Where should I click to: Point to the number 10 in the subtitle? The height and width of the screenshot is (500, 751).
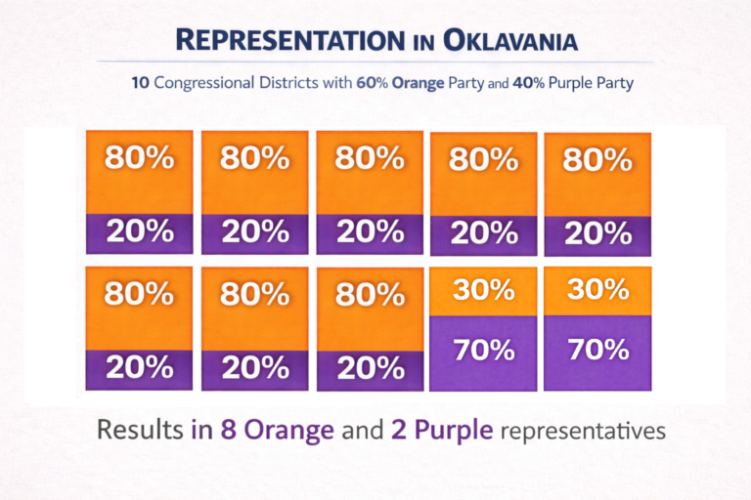coord(140,83)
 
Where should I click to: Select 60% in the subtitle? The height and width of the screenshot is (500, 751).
coord(383,83)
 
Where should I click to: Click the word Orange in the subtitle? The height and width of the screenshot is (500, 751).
coord(431,84)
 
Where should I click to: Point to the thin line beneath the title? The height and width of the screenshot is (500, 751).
coord(375,62)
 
